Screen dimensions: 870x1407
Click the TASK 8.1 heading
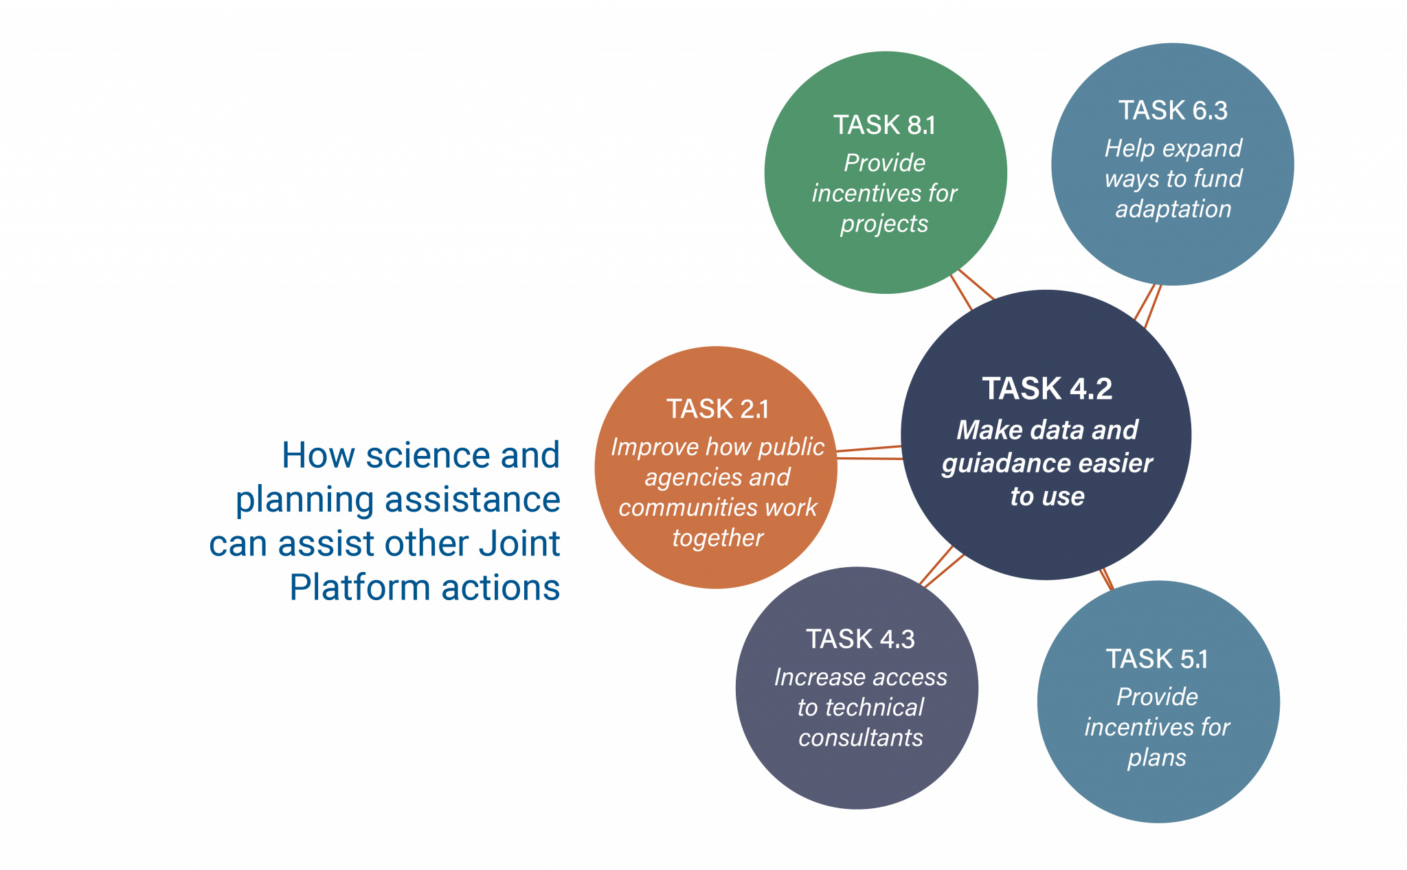click(884, 125)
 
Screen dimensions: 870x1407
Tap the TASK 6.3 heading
click(1173, 110)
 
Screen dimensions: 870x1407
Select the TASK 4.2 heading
click(1047, 389)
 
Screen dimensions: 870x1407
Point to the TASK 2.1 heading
click(717, 409)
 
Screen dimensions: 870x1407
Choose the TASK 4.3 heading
click(860, 639)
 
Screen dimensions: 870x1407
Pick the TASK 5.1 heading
click(1157, 659)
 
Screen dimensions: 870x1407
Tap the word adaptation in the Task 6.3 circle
click(1173, 209)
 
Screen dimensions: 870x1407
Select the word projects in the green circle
click(884, 224)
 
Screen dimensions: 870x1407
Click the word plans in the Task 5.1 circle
click(1157, 757)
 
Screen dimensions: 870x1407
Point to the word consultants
click(860, 737)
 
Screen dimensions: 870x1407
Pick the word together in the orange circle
click(717, 538)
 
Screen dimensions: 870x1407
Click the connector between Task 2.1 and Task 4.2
click(869, 453)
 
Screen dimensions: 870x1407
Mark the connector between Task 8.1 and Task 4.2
click(969, 290)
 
